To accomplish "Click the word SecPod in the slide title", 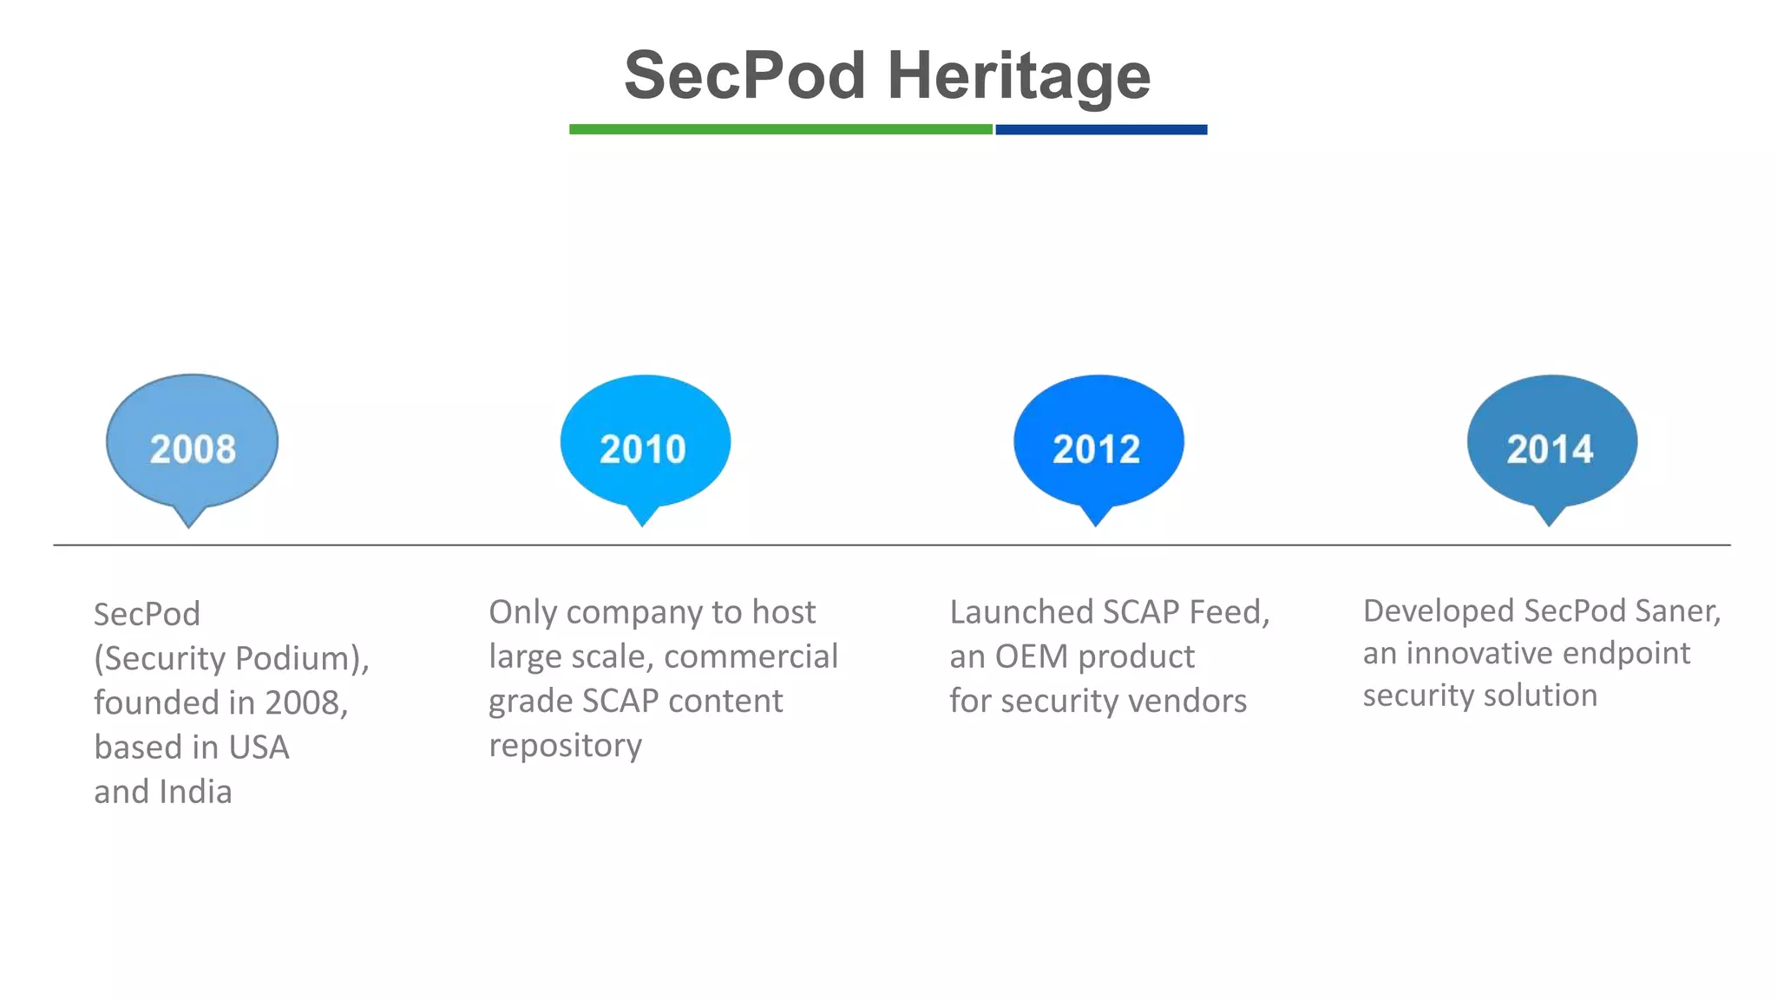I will pyautogui.click(x=744, y=76).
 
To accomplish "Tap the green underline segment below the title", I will pyautogui.click(x=780, y=129).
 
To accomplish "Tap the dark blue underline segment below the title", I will pyautogui.click(x=1100, y=129).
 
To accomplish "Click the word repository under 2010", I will pyautogui.click(x=565, y=746).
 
